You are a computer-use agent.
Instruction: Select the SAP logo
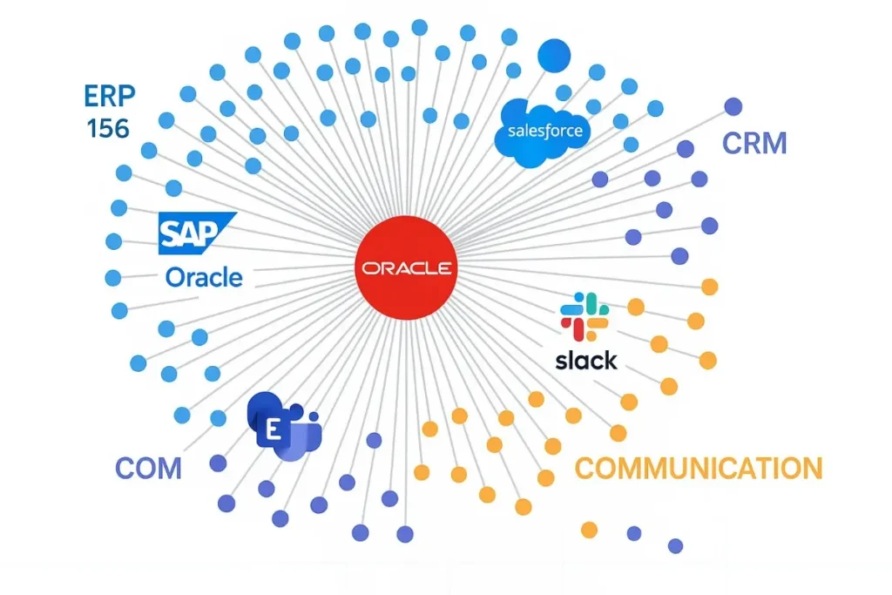pos(196,233)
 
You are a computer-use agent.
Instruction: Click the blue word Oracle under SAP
pos(204,278)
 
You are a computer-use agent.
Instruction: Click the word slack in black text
pos(585,360)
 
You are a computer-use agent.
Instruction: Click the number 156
pos(108,129)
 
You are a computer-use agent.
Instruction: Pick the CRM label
pos(754,143)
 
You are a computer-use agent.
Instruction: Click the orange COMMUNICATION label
pos(698,469)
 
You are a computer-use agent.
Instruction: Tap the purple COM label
pos(148,468)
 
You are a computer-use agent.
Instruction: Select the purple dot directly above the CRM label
pos(733,106)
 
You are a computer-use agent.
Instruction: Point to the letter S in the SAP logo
pos(172,233)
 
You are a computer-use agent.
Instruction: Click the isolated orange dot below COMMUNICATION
pos(589,529)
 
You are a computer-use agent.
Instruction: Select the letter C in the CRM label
pos(733,143)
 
